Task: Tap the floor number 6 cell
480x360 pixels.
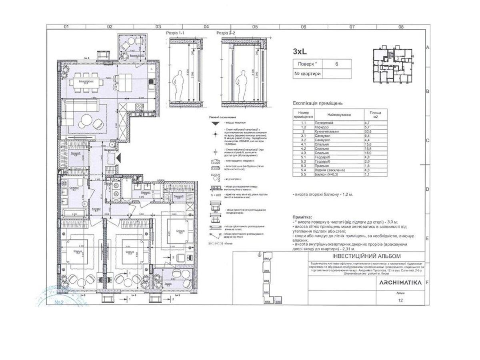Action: [336, 64]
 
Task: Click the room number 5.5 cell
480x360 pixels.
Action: [304, 174]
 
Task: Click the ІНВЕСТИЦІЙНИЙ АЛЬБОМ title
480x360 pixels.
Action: [366, 256]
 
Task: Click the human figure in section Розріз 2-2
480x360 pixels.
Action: [241, 84]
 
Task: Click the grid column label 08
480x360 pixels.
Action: [401, 27]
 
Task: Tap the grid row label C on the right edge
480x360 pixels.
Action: [428, 140]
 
